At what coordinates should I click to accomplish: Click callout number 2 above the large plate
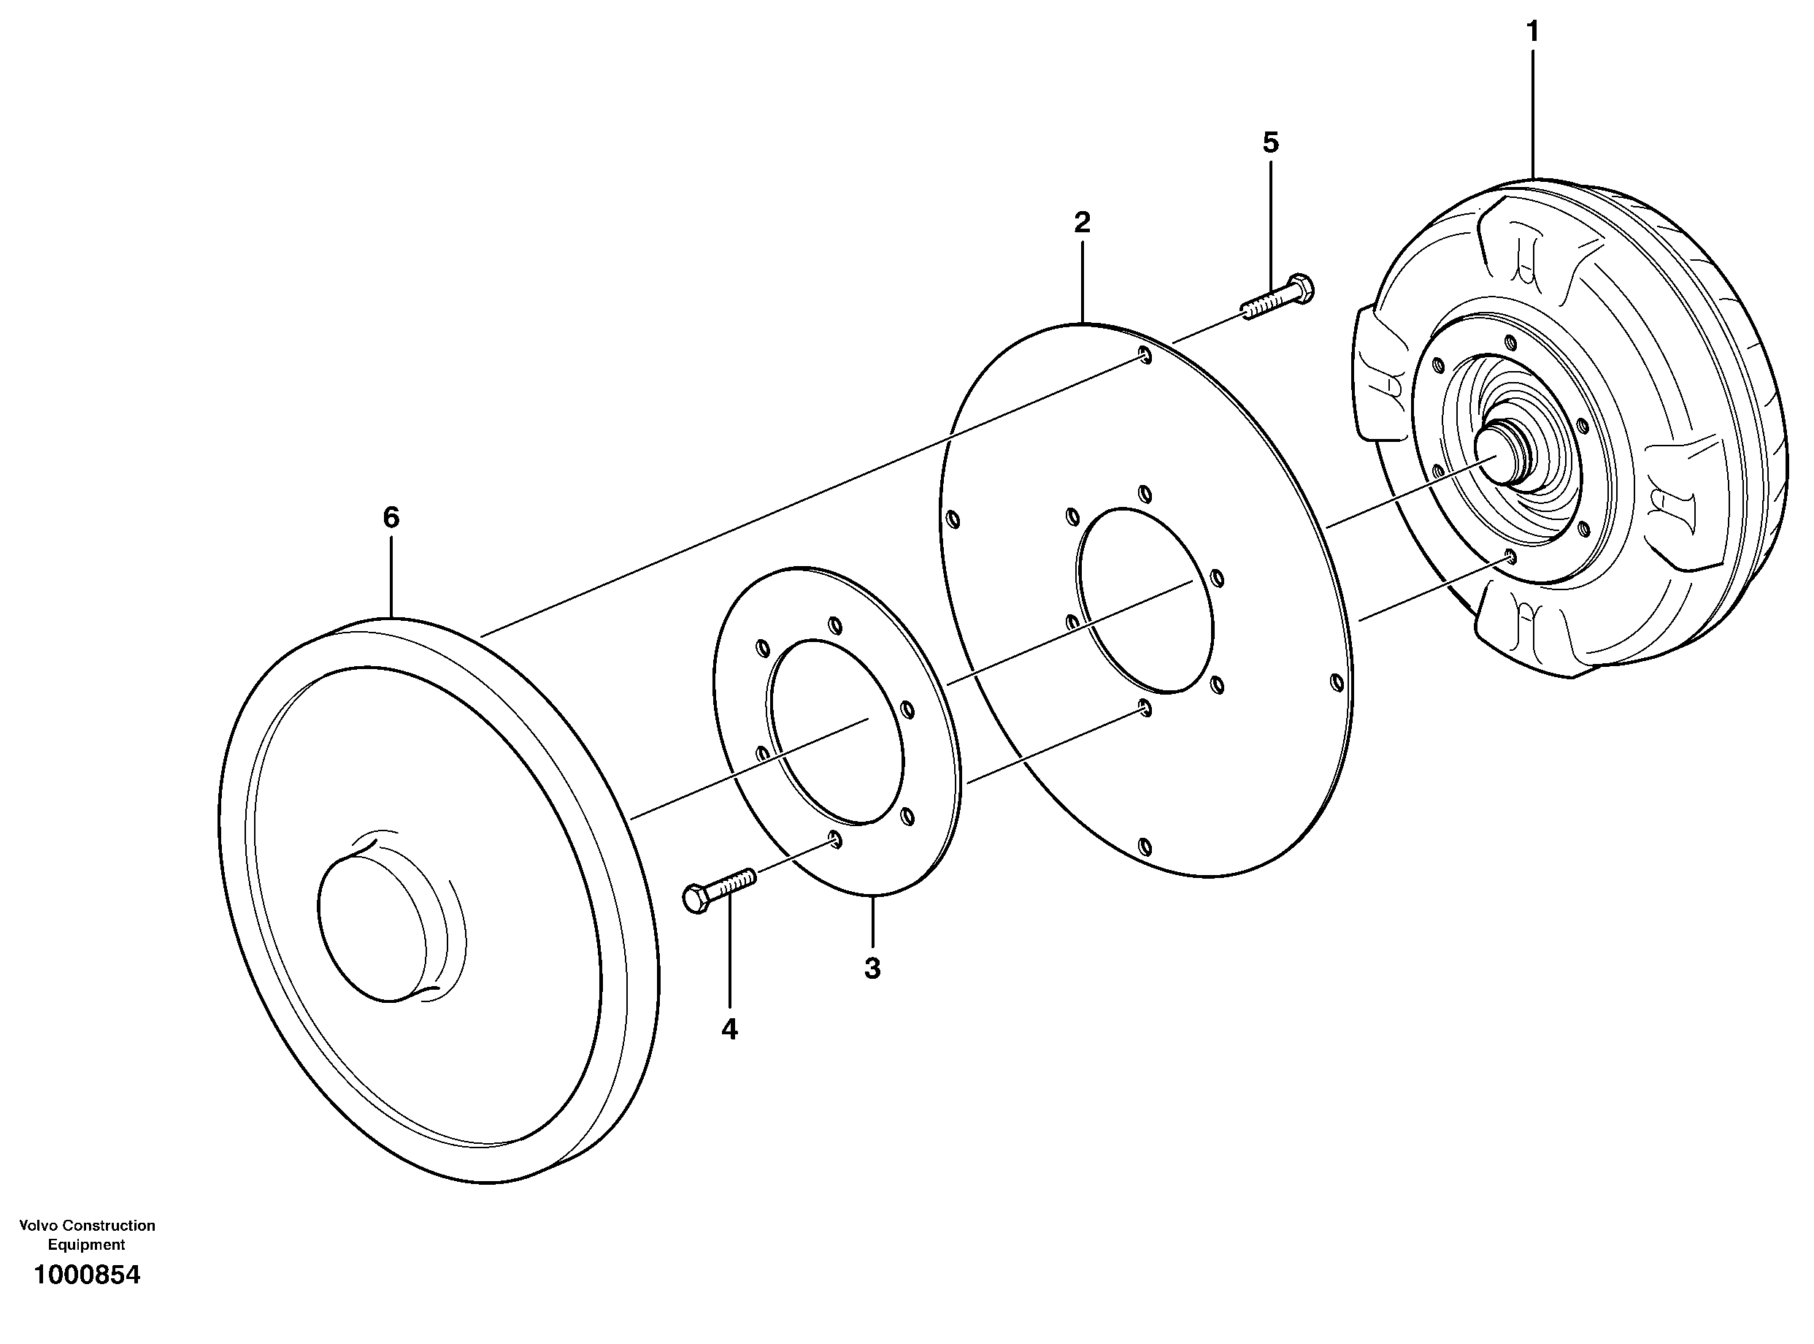(1081, 222)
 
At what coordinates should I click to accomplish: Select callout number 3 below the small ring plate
(872, 968)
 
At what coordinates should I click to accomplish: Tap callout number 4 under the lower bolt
(729, 1029)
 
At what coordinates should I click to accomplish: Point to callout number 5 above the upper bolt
(1270, 143)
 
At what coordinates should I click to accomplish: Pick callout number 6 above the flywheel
(391, 517)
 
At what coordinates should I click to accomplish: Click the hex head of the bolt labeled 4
(698, 899)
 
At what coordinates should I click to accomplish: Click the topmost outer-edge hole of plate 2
(1145, 356)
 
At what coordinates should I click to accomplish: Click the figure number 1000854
(87, 1275)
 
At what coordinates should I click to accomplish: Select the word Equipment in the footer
(86, 1244)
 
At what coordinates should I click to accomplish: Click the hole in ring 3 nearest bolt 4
(834, 839)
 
